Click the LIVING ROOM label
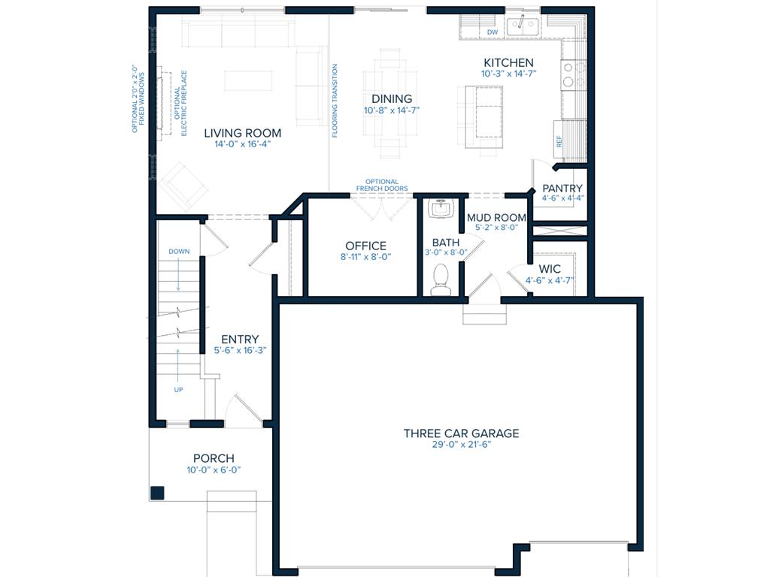(243, 133)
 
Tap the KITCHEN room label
(508, 63)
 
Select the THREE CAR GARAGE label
(461, 434)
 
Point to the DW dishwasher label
(493, 32)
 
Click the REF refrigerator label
(559, 141)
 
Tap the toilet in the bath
(441, 279)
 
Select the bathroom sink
(441, 208)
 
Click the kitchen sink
(523, 26)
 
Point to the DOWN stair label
(179, 251)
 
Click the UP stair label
(178, 390)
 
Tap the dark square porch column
(157, 493)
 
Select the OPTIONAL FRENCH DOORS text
(382, 185)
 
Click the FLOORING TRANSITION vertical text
(335, 101)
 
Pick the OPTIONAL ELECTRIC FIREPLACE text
(180, 103)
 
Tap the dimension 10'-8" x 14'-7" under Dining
(391, 110)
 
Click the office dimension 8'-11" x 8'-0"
(365, 257)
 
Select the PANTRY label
(562, 189)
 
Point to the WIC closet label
(550, 269)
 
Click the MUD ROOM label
(496, 217)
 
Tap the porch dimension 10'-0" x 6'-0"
(214, 470)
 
